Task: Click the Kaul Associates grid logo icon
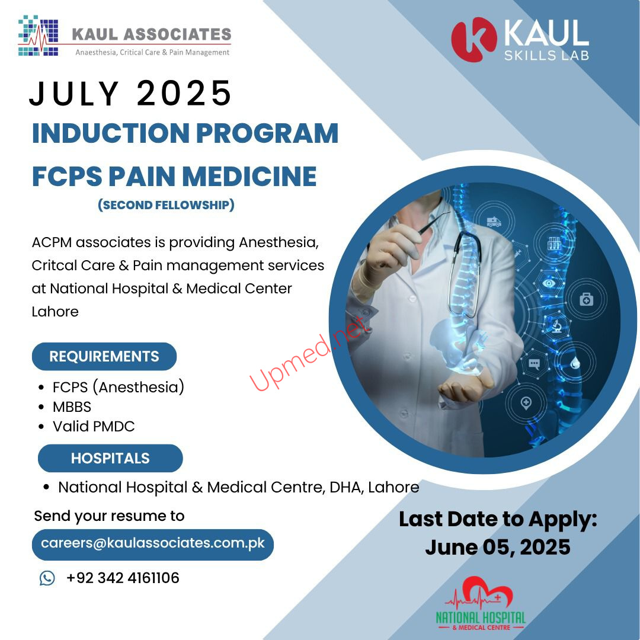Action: click(x=38, y=36)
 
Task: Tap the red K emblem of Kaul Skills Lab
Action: click(x=474, y=39)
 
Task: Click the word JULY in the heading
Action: click(x=74, y=94)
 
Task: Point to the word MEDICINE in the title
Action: click(x=249, y=177)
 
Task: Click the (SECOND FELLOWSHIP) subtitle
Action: click(x=166, y=204)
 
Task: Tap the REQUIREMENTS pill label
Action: click(x=104, y=356)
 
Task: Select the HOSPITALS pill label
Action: click(x=110, y=458)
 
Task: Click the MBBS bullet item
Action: click(x=72, y=407)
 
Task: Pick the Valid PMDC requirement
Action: click(x=94, y=426)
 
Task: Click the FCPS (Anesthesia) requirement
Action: click(x=119, y=387)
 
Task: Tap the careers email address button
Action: click(x=153, y=545)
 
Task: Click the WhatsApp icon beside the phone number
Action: click(x=47, y=578)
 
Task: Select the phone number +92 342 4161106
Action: click(x=123, y=578)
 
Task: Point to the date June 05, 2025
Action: click(x=498, y=547)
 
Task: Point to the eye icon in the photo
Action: click(x=549, y=283)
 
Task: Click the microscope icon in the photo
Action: click(x=556, y=326)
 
